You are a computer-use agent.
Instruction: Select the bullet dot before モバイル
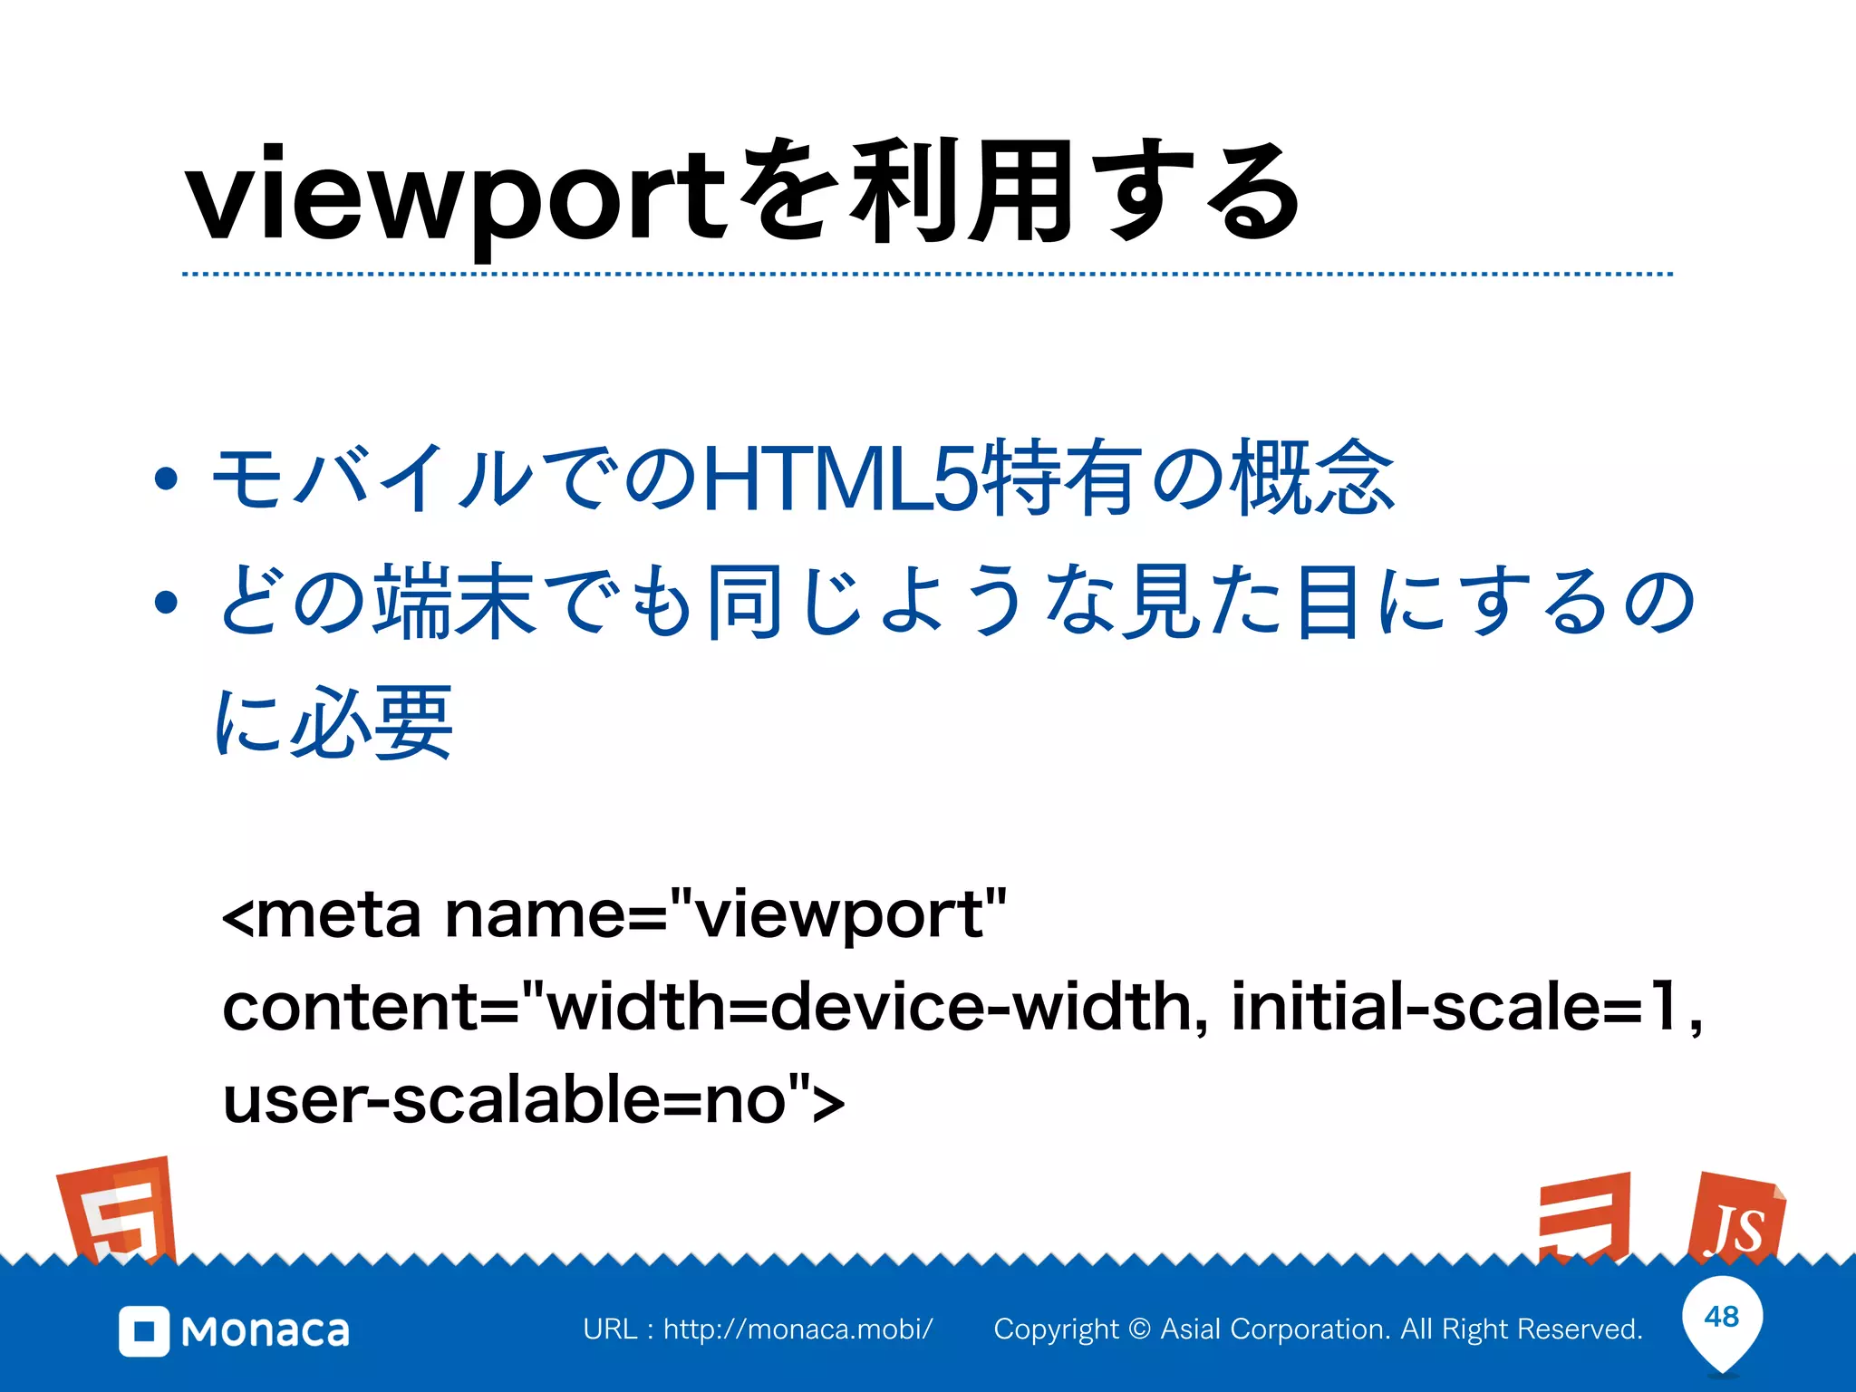[166, 479]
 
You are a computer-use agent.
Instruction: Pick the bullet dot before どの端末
[166, 602]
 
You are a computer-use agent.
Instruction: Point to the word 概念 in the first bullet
[1313, 478]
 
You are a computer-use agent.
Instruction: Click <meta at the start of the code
[322, 915]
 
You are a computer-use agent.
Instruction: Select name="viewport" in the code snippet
[726, 915]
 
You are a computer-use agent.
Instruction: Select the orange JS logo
[1735, 1219]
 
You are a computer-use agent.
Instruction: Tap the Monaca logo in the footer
[235, 1330]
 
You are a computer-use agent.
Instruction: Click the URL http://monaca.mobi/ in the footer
[797, 1329]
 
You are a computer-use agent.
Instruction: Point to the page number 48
[1722, 1316]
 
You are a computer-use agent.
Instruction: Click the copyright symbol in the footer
[1140, 1329]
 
